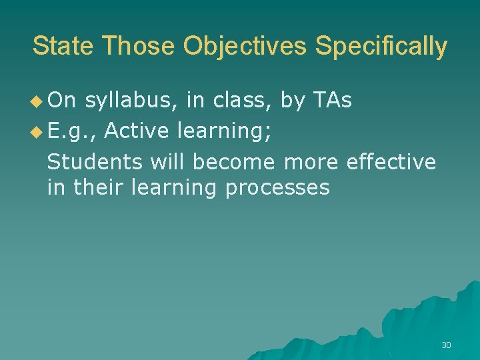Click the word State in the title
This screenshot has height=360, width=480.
[64, 46]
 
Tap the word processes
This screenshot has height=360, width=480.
[277, 189]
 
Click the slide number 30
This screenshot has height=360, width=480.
[446, 345]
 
